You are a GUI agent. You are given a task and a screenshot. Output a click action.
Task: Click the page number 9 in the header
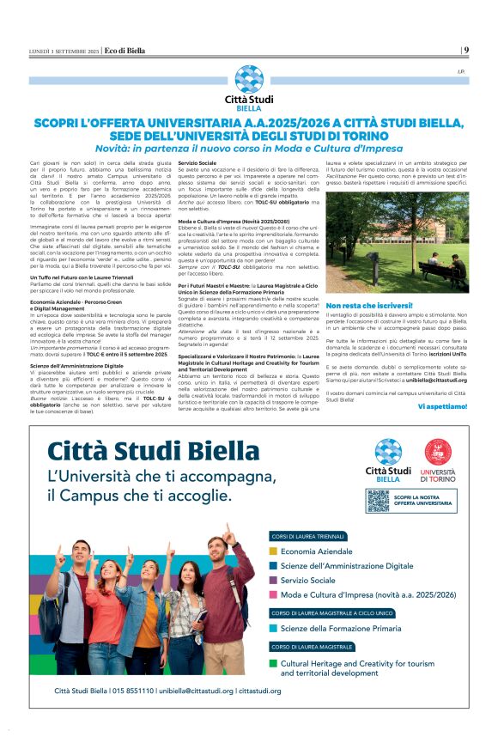point(465,50)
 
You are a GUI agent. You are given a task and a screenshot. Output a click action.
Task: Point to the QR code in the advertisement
point(378,501)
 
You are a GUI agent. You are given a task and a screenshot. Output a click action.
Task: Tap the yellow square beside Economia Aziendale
point(273,551)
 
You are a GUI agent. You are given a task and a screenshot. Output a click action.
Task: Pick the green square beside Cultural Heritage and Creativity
point(273,663)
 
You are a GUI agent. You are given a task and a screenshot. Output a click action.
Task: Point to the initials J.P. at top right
point(461,70)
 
